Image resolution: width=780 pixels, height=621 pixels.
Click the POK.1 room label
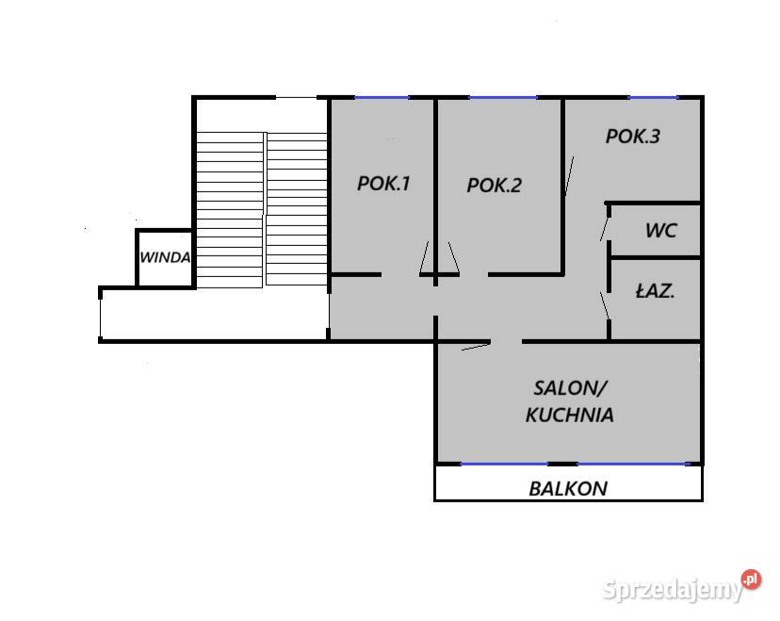coord(383,184)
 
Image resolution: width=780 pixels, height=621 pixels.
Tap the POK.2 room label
coord(494,186)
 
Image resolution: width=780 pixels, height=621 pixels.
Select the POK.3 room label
coord(633,137)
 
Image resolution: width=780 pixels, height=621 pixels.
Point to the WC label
coord(661,230)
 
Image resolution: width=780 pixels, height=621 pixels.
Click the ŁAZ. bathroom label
coord(655,291)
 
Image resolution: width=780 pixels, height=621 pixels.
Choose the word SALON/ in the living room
coord(571,388)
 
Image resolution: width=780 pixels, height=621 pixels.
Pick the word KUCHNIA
coord(570,415)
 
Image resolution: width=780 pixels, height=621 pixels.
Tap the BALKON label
coord(568,489)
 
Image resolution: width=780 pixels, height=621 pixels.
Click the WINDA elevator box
coord(165,258)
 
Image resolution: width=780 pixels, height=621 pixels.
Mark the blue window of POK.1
coord(382,97)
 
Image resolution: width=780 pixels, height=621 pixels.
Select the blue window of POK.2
coord(503,97)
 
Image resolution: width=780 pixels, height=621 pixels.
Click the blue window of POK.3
coord(653,97)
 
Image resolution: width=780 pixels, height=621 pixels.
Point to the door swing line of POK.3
coord(570,175)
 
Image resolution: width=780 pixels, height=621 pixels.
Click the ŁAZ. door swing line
coord(605,306)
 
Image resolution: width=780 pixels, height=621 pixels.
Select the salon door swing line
coord(476,347)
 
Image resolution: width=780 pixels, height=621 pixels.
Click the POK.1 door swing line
coord(424,257)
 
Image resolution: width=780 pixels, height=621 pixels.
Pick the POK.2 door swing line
coord(454,257)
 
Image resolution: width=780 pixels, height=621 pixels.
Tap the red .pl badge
coord(751,580)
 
